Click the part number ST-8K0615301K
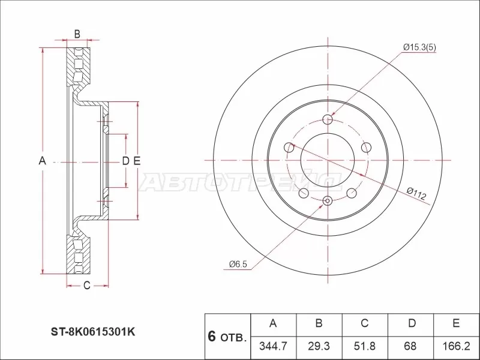point(95,330)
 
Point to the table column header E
point(456,324)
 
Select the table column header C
point(364,324)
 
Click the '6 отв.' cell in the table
point(227,336)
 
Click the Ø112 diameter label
point(416,193)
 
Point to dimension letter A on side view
point(42,160)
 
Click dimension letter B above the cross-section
point(77,33)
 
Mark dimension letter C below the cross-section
point(86,286)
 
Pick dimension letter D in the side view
point(125,160)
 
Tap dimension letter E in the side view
point(137,160)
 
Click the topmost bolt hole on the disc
point(327,119)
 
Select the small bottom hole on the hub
point(327,200)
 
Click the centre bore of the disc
point(327,160)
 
